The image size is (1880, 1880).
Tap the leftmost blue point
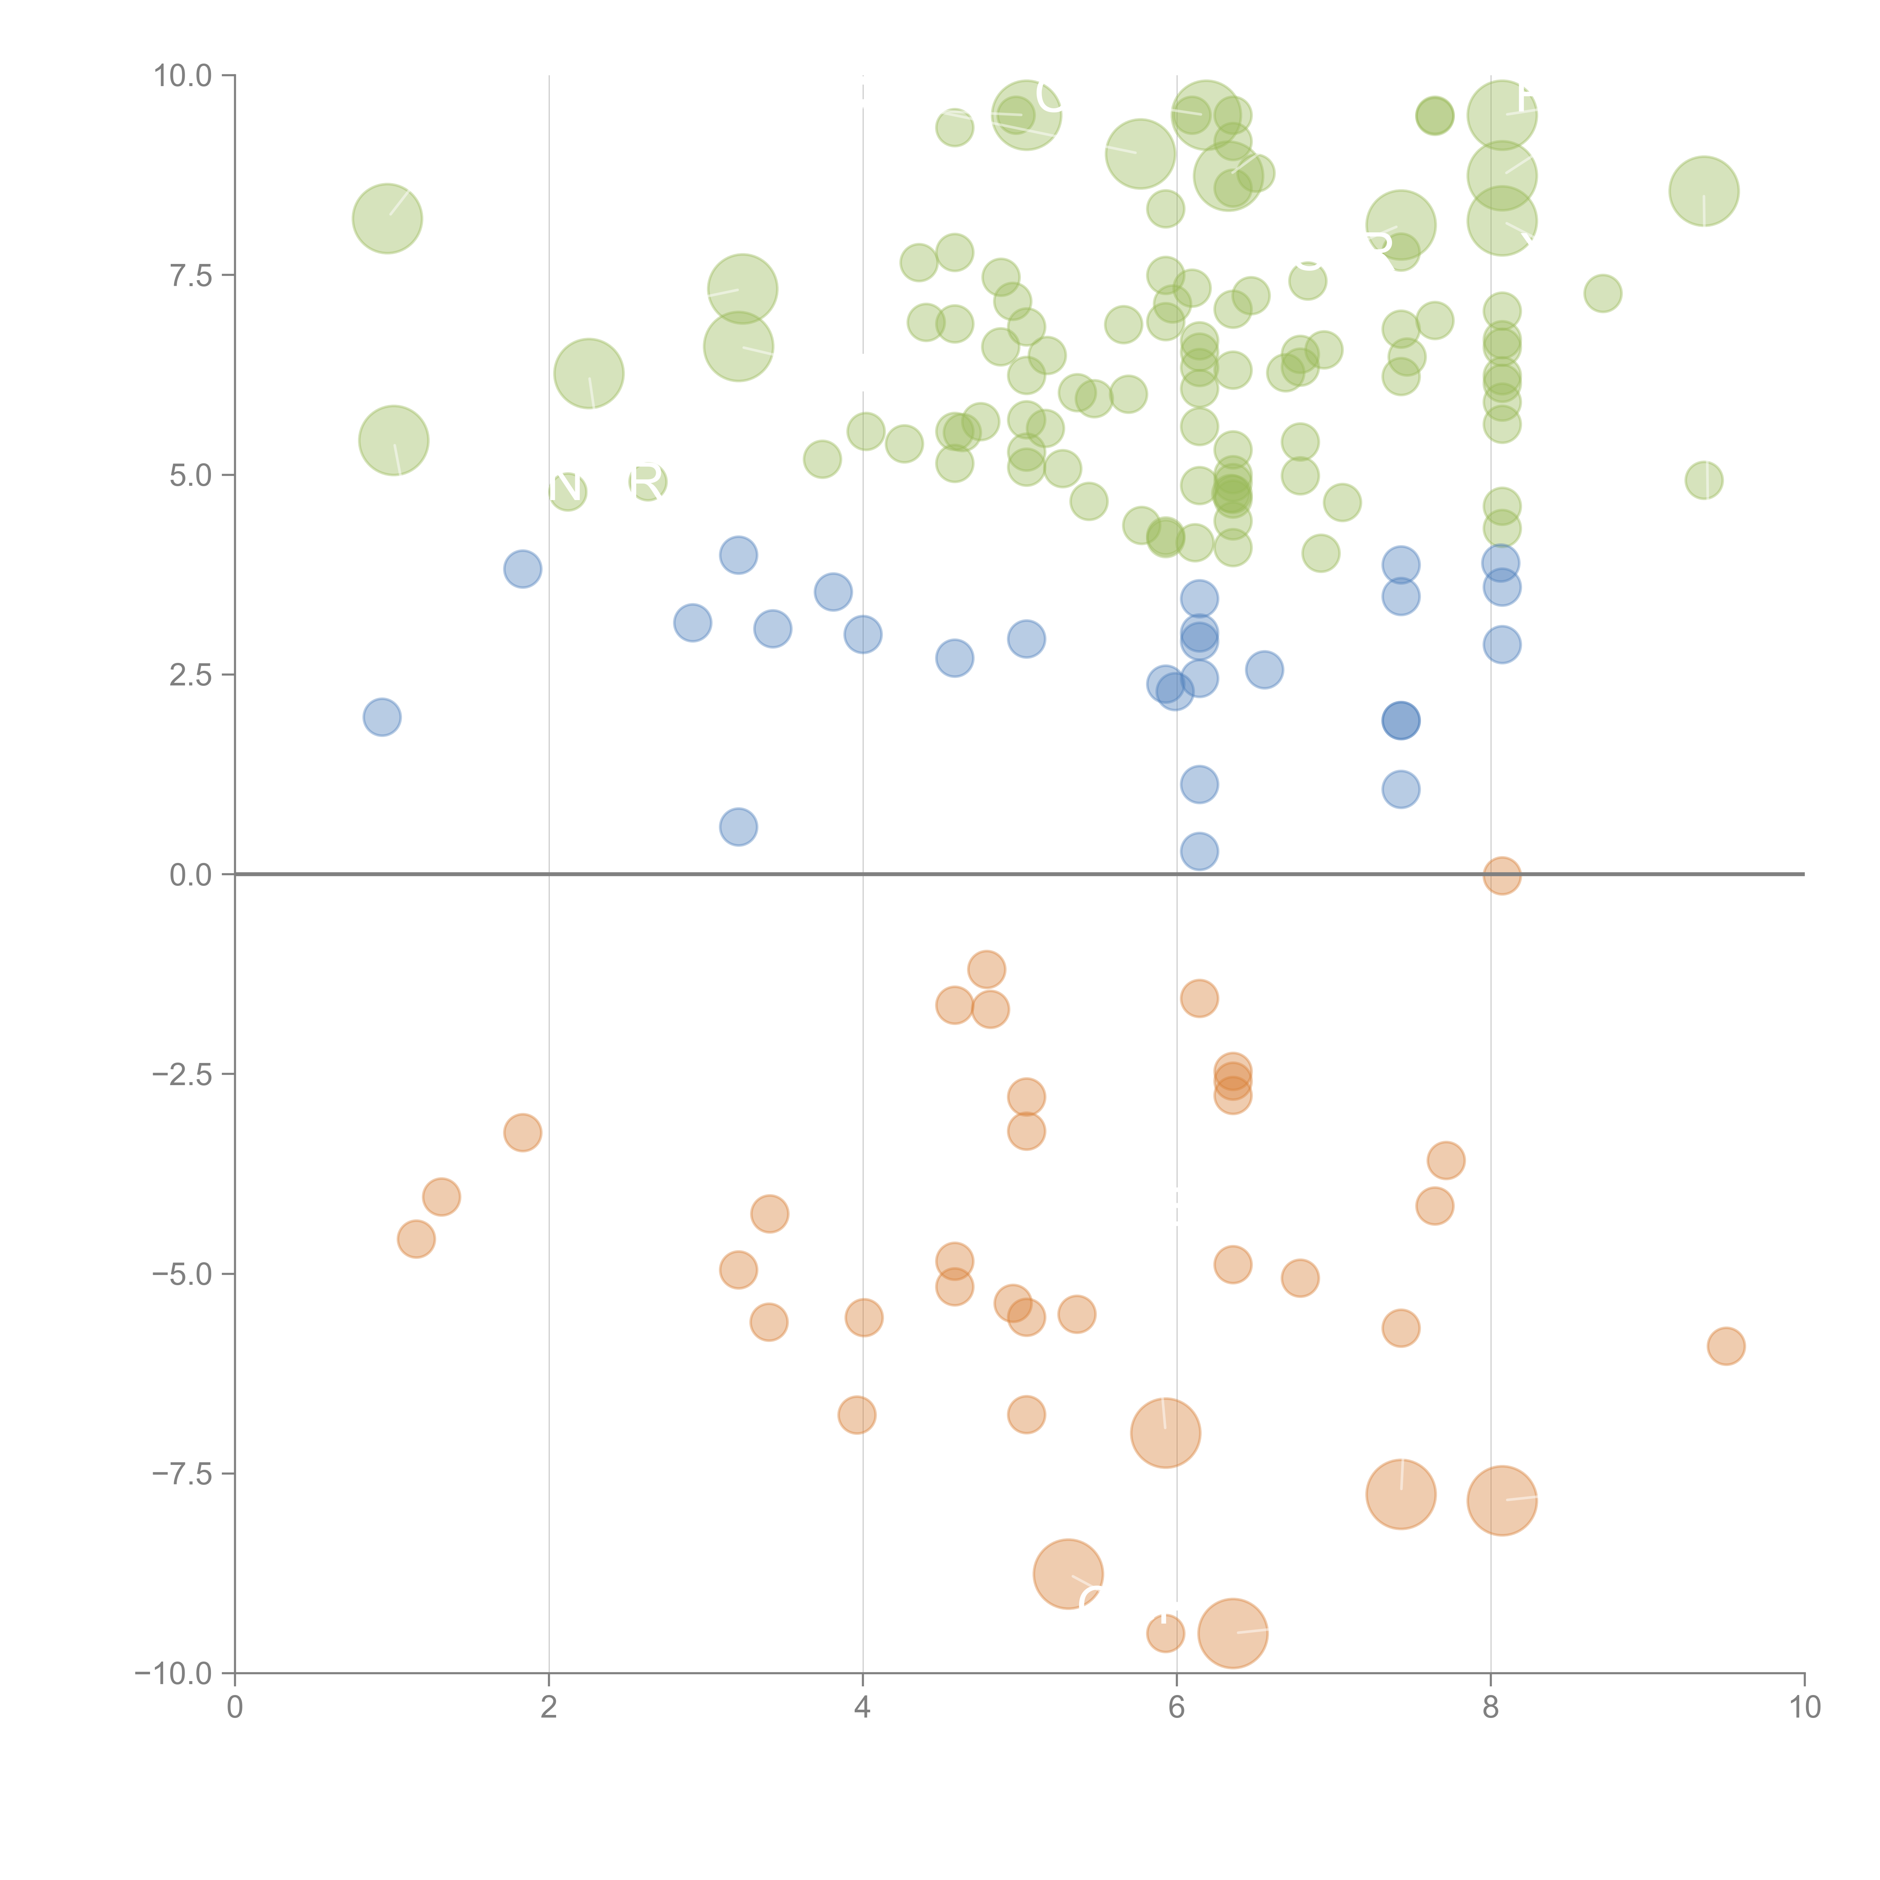point(381,717)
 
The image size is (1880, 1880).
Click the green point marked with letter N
point(567,490)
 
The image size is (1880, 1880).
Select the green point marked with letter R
point(647,482)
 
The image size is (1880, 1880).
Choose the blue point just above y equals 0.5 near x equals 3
point(738,827)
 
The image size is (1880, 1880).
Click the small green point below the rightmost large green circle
point(1704,480)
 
